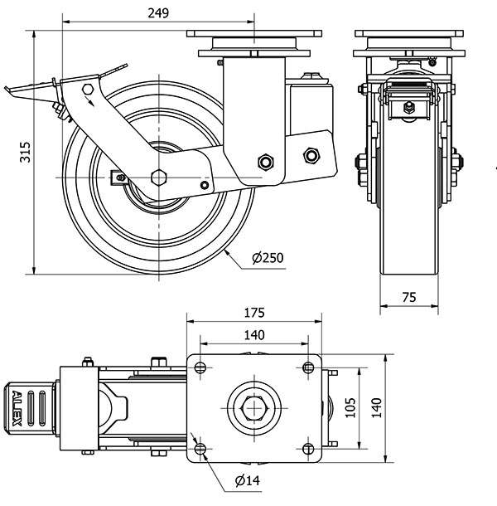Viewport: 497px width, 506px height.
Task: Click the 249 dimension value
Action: click(x=158, y=13)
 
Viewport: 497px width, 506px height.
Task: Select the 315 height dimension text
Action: click(x=25, y=152)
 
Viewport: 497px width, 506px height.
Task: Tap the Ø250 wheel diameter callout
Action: click(x=268, y=258)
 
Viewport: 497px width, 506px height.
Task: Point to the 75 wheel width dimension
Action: click(x=409, y=297)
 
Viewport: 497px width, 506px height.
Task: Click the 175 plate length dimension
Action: click(x=254, y=313)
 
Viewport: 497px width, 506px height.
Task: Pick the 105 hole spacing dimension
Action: click(x=350, y=407)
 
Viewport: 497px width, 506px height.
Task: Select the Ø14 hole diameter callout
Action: click(x=248, y=480)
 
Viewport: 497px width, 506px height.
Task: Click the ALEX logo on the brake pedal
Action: click(x=17, y=409)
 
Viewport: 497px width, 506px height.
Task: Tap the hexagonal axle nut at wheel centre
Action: click(x=159, y=178)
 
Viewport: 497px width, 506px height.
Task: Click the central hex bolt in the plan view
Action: click(x=254, y=409)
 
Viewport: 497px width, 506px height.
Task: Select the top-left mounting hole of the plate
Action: click(x=200, y=367)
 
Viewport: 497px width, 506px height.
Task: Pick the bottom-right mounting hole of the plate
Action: click(x=308, y=449)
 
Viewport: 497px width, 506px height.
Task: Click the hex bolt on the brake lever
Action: click(x=88, y=89)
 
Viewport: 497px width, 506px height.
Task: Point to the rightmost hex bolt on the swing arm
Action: click(x=311, y=156)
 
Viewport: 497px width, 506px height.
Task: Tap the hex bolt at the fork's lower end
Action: click(x=266, y=162)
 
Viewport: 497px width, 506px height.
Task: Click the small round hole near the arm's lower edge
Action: click(x=205, y=185)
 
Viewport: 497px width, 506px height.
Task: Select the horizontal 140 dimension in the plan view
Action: click(x=254, y=335)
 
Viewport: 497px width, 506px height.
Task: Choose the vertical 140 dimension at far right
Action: click(x=377, y=408)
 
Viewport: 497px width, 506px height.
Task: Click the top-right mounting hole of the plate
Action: click(x=308, y=367)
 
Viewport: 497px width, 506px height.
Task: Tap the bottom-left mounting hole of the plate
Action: click(x=200, y=449)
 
